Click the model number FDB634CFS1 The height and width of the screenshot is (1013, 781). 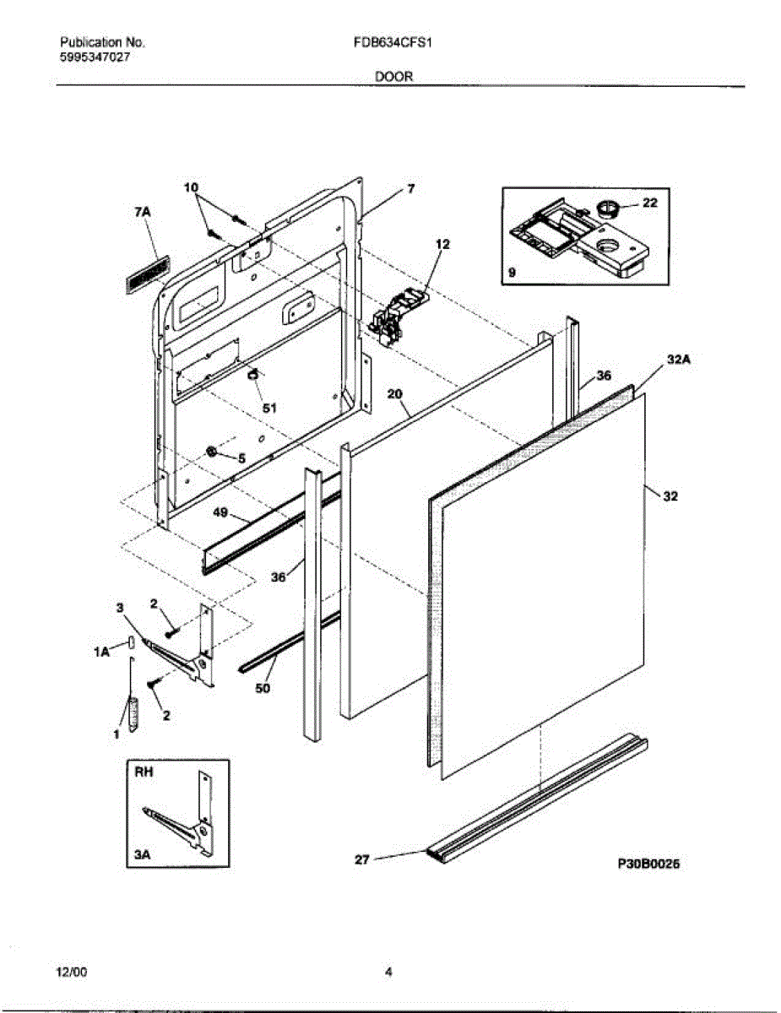tap(393, 41)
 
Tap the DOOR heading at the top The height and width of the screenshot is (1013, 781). tap(393, 76)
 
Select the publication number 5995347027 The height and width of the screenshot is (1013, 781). tap(95, 57)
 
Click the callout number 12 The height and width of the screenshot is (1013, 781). tap(442, 244)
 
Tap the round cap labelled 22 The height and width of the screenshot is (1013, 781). tap(605, 206)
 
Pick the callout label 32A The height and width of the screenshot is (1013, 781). tap(678, 360)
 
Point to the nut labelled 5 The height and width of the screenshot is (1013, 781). tap(212, 453)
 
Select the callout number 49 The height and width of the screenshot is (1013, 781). tap(220, 512)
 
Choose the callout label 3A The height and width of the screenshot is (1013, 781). tap(142, 855)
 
